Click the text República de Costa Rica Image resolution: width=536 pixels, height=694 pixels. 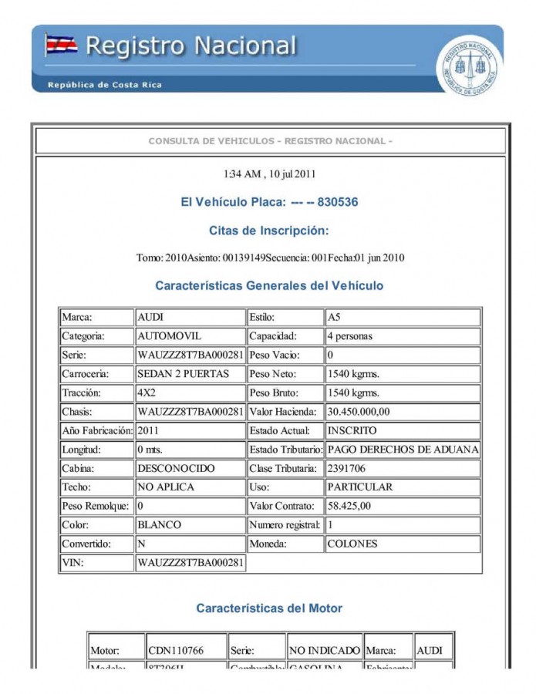[105, 85]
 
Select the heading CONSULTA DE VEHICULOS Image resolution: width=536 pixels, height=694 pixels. [270, 141]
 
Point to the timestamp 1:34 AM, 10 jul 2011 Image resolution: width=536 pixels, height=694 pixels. [269, 173]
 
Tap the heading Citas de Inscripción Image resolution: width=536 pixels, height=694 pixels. [268, 231]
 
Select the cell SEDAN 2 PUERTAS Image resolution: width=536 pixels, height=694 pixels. [183, 374]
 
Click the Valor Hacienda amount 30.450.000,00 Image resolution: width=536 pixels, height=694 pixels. [359, 412]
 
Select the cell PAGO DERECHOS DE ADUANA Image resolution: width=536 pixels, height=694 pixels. [403, 450]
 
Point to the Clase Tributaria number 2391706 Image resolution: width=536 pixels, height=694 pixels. [352, 468]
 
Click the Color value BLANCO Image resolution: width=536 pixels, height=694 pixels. [159, 524]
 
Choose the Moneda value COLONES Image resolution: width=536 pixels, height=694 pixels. [352, 544]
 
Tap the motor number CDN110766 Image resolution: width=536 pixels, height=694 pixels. [176, 651]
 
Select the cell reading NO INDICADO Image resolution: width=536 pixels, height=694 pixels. [324, 651]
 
